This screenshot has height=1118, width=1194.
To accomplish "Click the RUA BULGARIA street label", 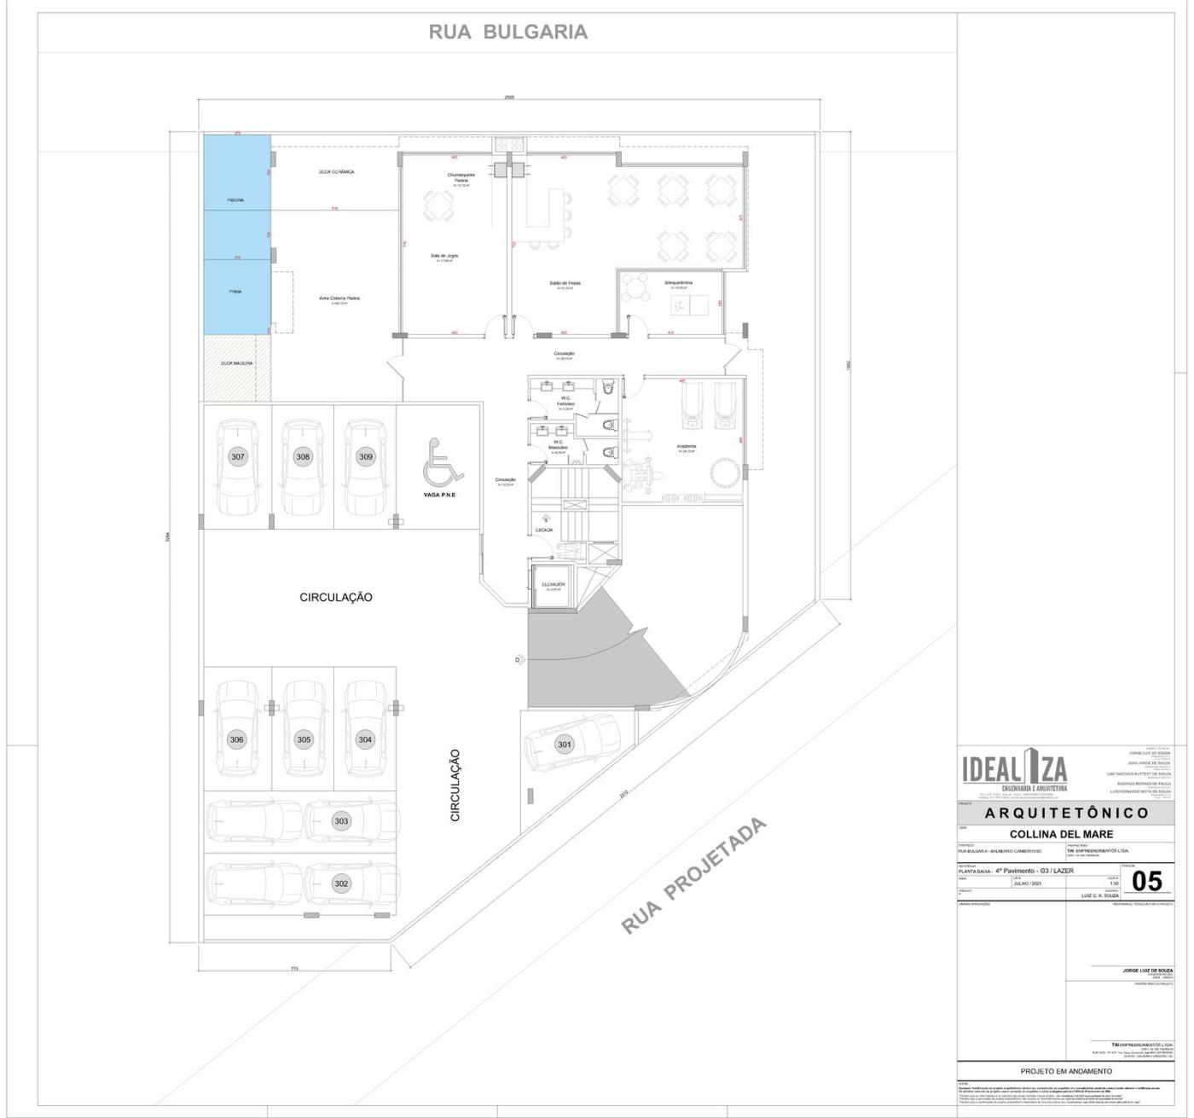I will [x=507, y=32].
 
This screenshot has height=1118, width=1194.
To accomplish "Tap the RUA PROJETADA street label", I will [x=693, y=876].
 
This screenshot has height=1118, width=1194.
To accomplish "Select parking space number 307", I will [x=238, y=457].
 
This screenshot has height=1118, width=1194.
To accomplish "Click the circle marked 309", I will [x=365, y=457].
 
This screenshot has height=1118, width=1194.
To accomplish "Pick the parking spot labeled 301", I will [x=565, y=744].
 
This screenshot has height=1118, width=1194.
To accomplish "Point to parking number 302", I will [x=341, y=883].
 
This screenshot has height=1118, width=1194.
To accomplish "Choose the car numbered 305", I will [x=304, y=739].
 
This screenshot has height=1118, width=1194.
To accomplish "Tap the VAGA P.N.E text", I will [x=439, y=495].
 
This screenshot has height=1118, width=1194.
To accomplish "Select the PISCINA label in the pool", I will [x=235, y=200].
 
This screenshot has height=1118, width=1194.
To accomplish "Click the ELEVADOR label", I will [x=554, y=584].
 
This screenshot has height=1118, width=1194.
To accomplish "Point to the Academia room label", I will [x=687, y=446].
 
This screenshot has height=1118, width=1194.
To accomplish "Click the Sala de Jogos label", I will [x=445, y=255].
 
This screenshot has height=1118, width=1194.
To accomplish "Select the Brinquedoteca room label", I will [x=679, y=282].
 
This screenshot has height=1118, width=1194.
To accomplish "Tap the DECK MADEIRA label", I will [x=236, y=363].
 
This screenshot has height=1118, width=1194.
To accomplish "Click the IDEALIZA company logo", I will [x=1014, y=771].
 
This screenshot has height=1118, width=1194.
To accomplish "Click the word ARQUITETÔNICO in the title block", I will [x=1065, y=814].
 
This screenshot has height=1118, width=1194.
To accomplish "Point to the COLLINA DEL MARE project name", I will [x=1061, y=834].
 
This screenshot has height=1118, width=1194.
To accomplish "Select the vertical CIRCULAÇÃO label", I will [x=455, y=785].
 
